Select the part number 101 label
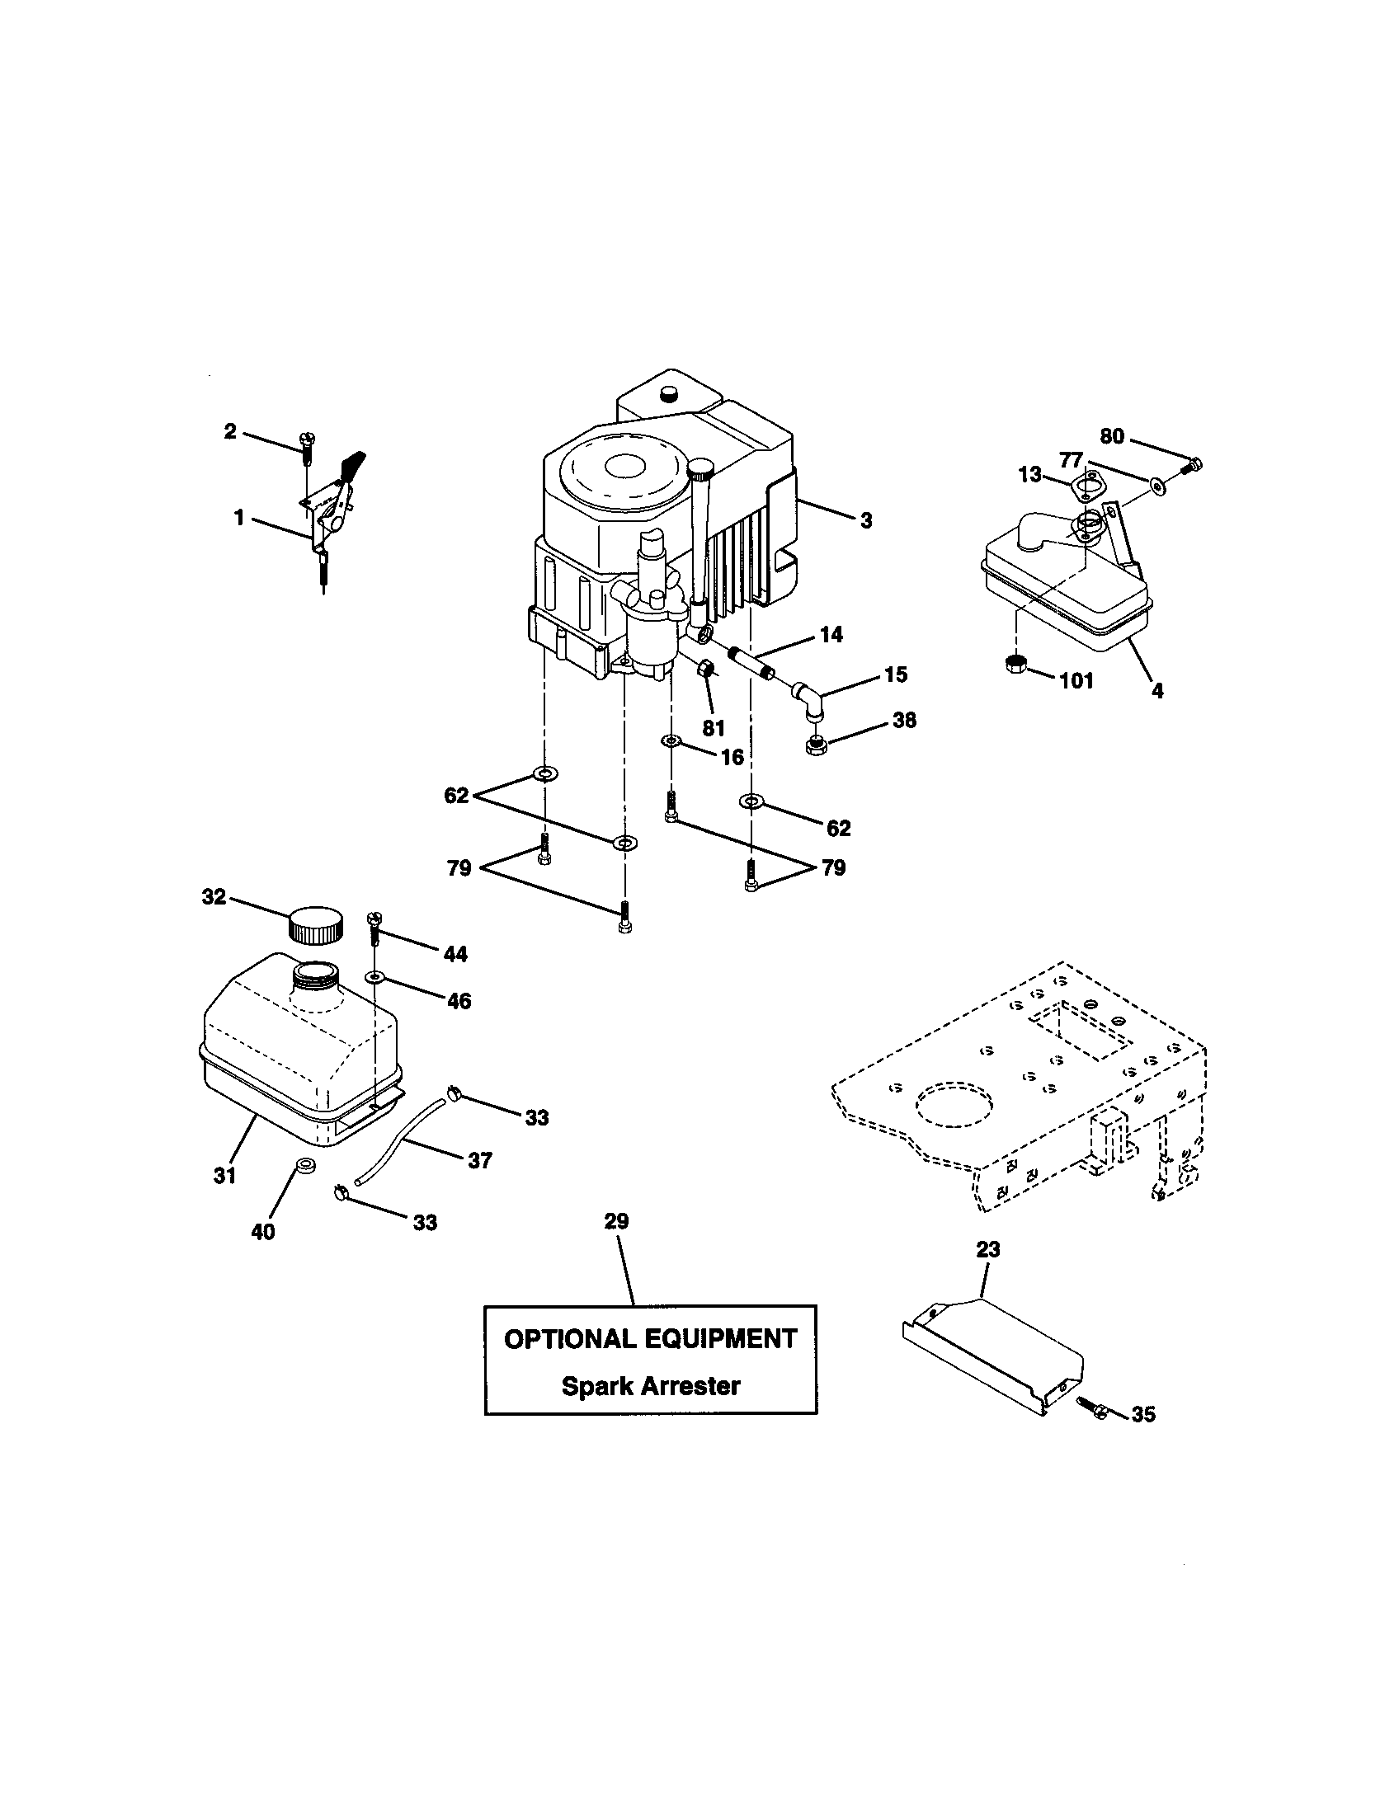(1076, 681)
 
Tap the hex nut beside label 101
(1016, 664)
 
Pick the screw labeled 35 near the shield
(1089, 1403)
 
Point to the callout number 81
(713, 728)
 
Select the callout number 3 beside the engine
(865, 521)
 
